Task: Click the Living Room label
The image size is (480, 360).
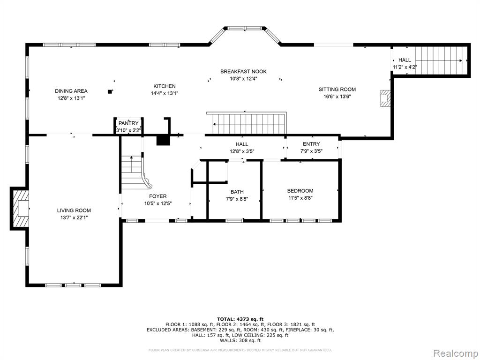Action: point(74,210)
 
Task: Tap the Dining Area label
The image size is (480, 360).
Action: point(71,91)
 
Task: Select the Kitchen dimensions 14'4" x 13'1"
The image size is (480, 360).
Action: point(165,93)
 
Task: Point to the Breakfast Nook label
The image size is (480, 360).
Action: point(243,71)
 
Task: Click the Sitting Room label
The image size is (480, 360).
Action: point(337,90)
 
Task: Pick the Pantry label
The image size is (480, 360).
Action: point(128,123)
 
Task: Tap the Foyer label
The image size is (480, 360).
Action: point(158,196)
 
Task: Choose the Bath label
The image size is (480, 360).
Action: point(237,192)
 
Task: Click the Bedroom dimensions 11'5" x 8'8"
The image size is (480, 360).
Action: point(300,198)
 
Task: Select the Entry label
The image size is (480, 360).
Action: point(311,144)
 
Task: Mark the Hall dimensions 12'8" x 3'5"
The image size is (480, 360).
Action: point(242,151)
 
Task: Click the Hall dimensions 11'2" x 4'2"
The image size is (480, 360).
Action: point(405,67)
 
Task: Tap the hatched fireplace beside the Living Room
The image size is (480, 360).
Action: point(19,209)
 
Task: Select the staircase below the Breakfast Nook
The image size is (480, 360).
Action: point(247,123)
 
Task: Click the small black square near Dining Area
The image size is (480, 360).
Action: point(110,91)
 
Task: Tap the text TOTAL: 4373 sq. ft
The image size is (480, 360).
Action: point(240,319)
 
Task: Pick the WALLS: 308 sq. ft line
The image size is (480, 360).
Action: point(240,340)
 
